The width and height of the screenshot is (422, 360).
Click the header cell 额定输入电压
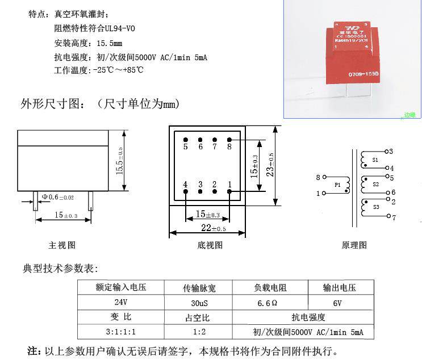pyautogui.click(x=122, y=288)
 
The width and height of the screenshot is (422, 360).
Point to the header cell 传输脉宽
pyautogui.click(x=198, y=288)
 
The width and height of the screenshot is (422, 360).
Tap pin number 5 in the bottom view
pyautogui.click(x=185, y=146)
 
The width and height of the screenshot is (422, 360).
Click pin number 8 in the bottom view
pyautogui.click(x=229, y=146)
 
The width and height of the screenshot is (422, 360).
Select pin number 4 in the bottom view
pyautogui.click(x=185, y=184)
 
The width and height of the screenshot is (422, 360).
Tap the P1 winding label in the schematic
pyautogui.click(x=337, y=185)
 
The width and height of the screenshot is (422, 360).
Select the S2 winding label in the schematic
pyautogui.click(x=375, y=185)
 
